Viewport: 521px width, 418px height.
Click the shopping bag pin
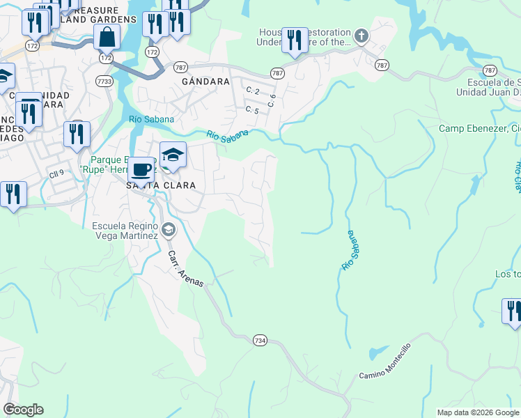point(105,36)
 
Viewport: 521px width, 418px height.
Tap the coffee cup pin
point(141,169)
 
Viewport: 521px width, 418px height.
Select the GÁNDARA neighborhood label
point(205,82)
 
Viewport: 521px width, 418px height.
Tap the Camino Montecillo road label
point(384,361)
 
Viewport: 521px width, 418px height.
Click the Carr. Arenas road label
point(185,268)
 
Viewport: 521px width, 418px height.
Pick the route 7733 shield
point(104,82)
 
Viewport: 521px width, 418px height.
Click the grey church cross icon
point(361,36)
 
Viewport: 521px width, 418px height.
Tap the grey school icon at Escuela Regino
point(168,230)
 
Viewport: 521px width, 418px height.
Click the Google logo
point(23,410)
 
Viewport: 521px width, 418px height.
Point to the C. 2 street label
point(252,91)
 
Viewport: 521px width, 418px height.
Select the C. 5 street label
point(252,110)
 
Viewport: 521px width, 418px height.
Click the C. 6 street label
point(272,100)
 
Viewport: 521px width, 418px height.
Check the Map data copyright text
point(478,412)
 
